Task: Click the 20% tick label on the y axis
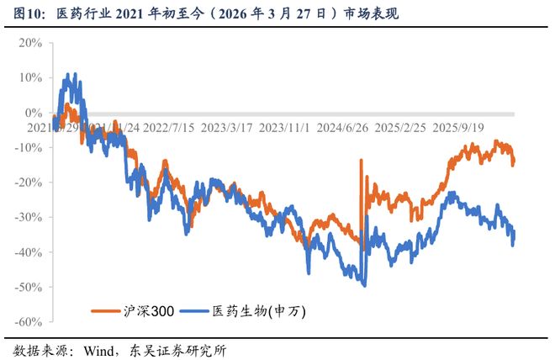pyautogui.click(x=30, y=42)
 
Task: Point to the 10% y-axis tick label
pyautogui.click(x=30, y=77)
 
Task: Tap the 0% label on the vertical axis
pyautogui.click(x=34, y=113)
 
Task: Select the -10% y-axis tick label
pyautogui.click(x=28, y=147)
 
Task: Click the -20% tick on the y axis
pyautogui.click(x=28, y=183)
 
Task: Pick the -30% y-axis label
pyautogui.click(x=28, y=217)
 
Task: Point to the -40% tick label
pyautogui.click(x=28, y=252)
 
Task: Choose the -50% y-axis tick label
pyautogui.click(x=28, y=287)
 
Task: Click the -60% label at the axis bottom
pyautogui.click(x=28, y=322)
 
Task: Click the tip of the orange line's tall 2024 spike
pyautogui.click(x=362, y=160)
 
